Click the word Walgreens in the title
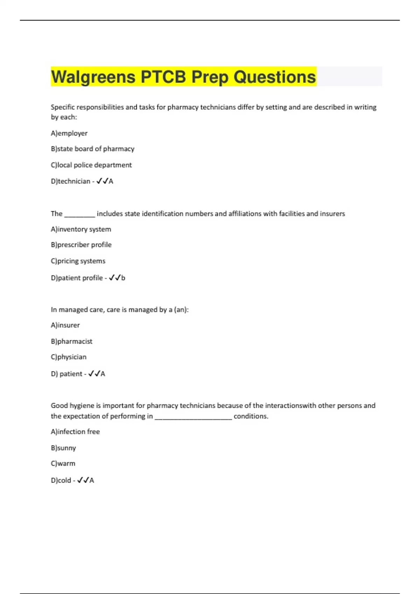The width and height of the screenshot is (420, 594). (93, 77)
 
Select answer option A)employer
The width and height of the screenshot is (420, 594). (69, 133)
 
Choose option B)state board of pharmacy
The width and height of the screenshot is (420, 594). (92, 149)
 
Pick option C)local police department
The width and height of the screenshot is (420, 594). (91, 165)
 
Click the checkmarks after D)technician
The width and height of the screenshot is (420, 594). (102, 181)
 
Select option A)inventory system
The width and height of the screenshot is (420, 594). (81, 229)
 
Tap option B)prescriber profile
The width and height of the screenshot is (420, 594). (81, 245)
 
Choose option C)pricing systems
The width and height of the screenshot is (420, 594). (78, 261)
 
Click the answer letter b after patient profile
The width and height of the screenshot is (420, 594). (123, 278)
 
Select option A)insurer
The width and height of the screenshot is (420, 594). (65, 325)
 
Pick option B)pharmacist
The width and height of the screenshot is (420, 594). (71, 341)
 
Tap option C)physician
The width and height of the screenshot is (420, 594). (68, 357)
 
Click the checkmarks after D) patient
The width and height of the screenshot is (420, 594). (94, 374)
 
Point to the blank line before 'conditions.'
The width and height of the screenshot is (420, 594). (193, 417)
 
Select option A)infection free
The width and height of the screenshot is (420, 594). (75, 432)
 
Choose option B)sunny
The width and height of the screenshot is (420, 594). (63, 448)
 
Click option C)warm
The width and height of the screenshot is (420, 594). (63, 464)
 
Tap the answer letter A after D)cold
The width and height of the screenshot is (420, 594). (92, 480)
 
